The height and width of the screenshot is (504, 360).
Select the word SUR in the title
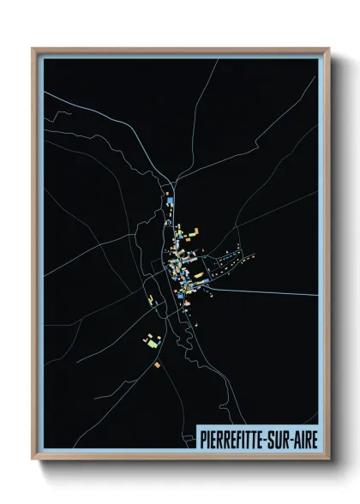[x=279, y=438]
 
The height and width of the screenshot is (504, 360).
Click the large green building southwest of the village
[x=153, y=344]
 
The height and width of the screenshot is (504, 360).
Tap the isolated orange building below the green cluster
[x=157, y=365]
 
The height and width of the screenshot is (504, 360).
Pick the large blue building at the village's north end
[x=170, y=201]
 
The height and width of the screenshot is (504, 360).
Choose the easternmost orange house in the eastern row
[x=254, y=255]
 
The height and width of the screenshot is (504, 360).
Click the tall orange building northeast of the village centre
[x=195, y=231]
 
